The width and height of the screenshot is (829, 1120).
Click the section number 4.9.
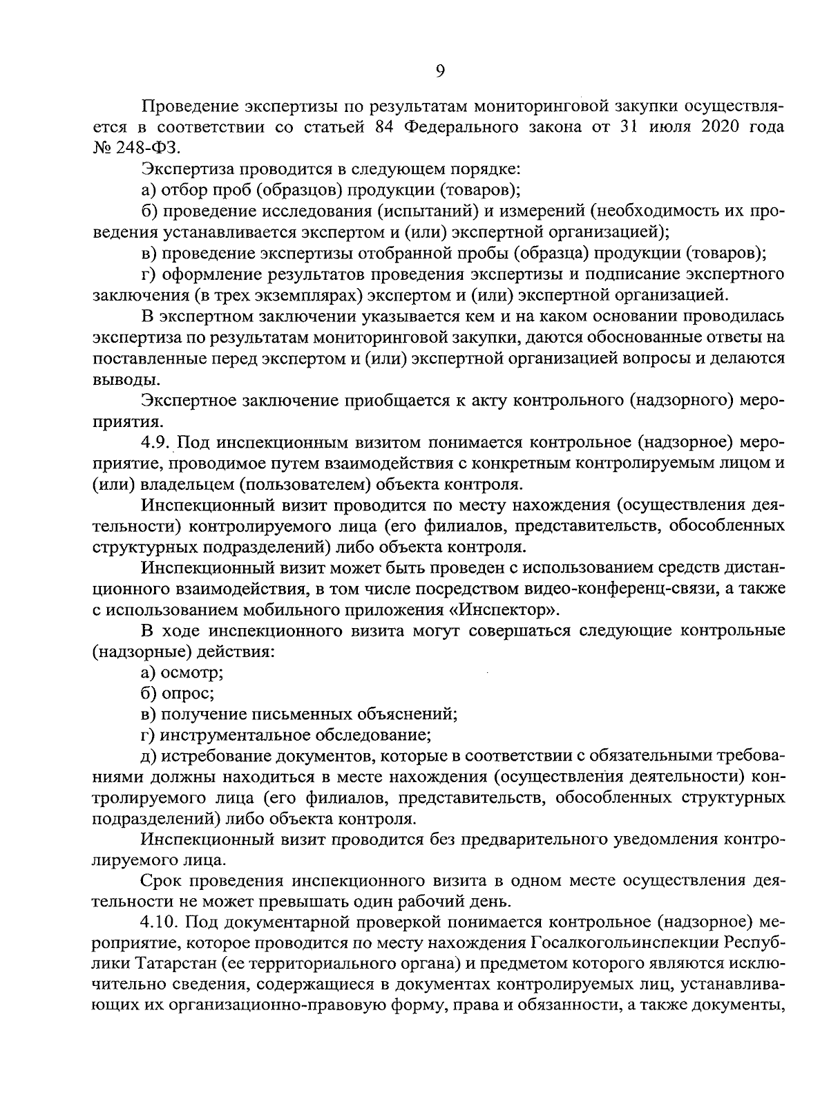tap(155, 442)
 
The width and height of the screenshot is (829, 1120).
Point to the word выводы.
tap(118, 379)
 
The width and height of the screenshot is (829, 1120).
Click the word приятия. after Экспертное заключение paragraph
tap(118, 421)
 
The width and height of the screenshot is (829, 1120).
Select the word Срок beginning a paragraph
tap(160, 881)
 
